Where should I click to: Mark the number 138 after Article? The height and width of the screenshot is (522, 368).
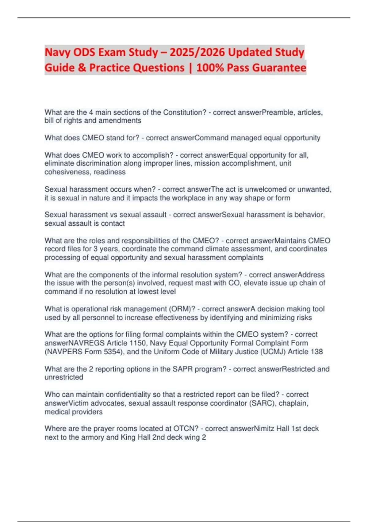[x=316, y=352]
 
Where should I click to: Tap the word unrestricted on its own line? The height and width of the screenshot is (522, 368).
[x=64, y=377]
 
